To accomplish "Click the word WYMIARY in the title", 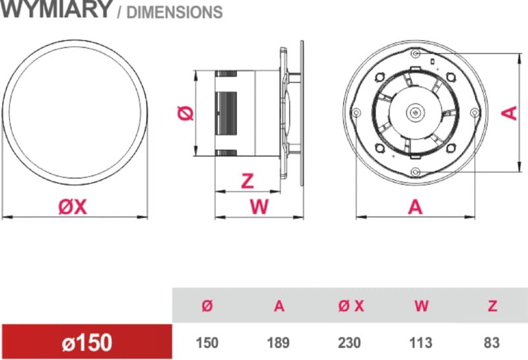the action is click(55, 9).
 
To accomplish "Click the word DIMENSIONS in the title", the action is click(174, 12).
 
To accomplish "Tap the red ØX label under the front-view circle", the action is click(73, 207).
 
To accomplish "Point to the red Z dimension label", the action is click(248, 181).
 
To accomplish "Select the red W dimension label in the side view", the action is click(259, 206).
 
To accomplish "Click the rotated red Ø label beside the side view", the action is click(185, 113).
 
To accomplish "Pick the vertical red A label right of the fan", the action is click(510, 113).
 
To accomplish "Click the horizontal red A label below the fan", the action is click(415, 207).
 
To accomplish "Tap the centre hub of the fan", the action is click(416, 112).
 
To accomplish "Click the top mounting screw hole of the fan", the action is click(416, 54).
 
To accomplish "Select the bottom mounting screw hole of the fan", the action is click(416, 172).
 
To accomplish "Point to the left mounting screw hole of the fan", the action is click(356, 112).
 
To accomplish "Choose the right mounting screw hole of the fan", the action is click(475, 112).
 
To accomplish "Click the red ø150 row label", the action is click(87, 342).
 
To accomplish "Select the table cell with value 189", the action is click(278, 343).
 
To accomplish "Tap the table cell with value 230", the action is click(350, 343).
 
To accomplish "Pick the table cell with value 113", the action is click(420, 343).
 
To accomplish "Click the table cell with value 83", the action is click(492, 343).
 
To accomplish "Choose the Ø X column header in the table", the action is click(351, 306).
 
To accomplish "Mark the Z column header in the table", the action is click(492, 306).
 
